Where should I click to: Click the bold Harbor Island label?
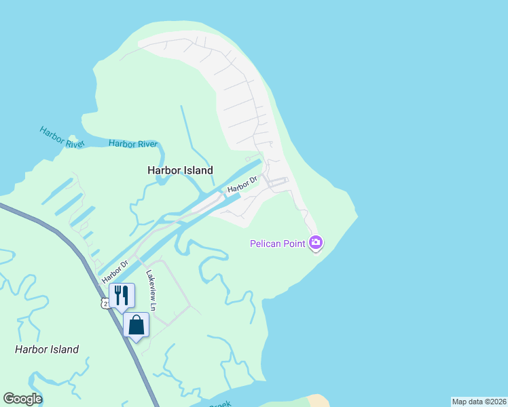(x=180, y=171)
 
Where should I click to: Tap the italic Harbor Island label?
(x=47, y=349)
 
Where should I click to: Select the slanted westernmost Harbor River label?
(x=60, y=137)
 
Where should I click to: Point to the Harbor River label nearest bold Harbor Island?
(x=133, y=144)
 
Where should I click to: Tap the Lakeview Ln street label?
(x=151, y=290)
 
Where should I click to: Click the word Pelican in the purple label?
(x=268, y=244)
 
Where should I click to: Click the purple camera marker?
(x=315, y=242)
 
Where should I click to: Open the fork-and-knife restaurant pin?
(x=122, y=295)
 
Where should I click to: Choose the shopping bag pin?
(x=136, y=325)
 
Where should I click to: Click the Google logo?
(x=23, y=398)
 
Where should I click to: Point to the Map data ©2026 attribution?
(x=479, y=402)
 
